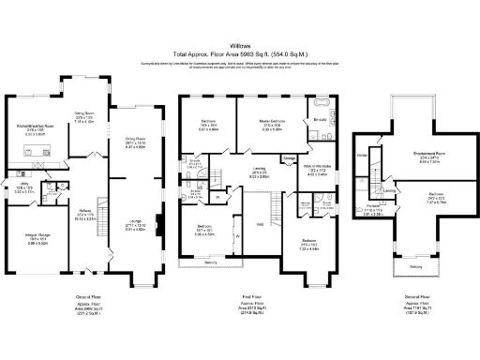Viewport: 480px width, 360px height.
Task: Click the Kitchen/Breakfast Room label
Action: [34, 126]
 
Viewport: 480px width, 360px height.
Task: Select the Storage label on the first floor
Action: [288, 157]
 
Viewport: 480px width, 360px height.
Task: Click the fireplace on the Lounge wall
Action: [158, 224]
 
